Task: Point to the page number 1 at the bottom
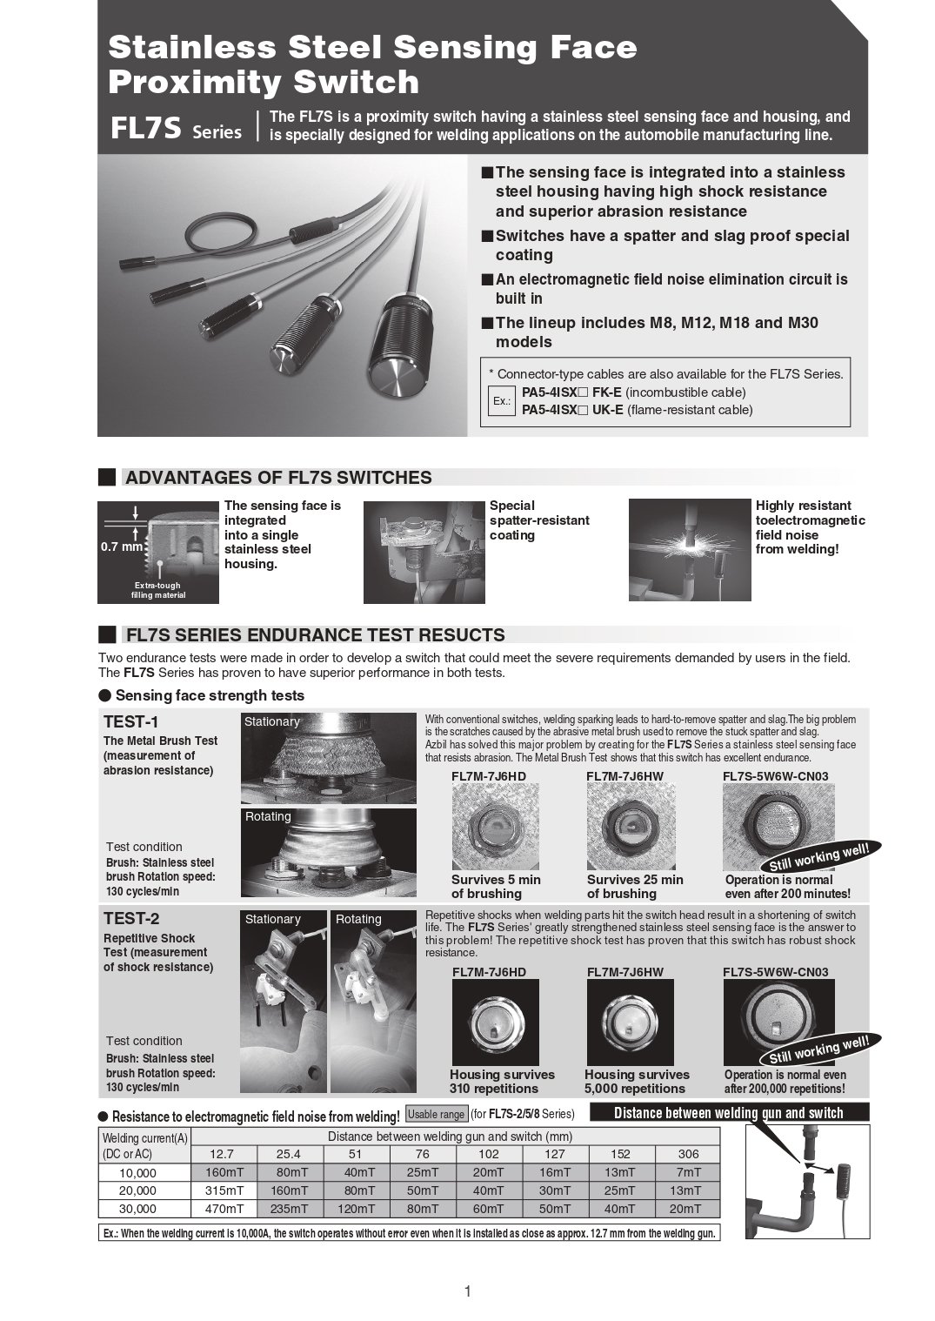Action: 468,1291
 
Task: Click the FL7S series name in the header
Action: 145,129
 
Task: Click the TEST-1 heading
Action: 131,721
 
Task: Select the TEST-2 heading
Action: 131,918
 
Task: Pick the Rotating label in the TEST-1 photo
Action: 268,816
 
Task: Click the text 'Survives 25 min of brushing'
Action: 635,887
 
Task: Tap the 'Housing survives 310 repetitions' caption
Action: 502,1082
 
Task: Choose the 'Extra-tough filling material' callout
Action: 158,591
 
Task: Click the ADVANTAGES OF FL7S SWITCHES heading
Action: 278,477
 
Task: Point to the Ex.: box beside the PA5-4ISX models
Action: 501,401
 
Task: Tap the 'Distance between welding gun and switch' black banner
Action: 728,1113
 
